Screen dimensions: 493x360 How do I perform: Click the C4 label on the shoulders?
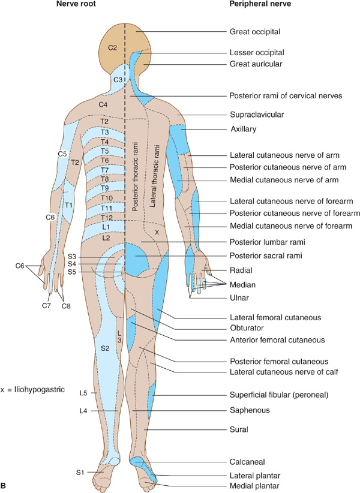(x=104, y=105)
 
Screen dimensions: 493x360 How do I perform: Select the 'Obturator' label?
(x=247, y=328)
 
